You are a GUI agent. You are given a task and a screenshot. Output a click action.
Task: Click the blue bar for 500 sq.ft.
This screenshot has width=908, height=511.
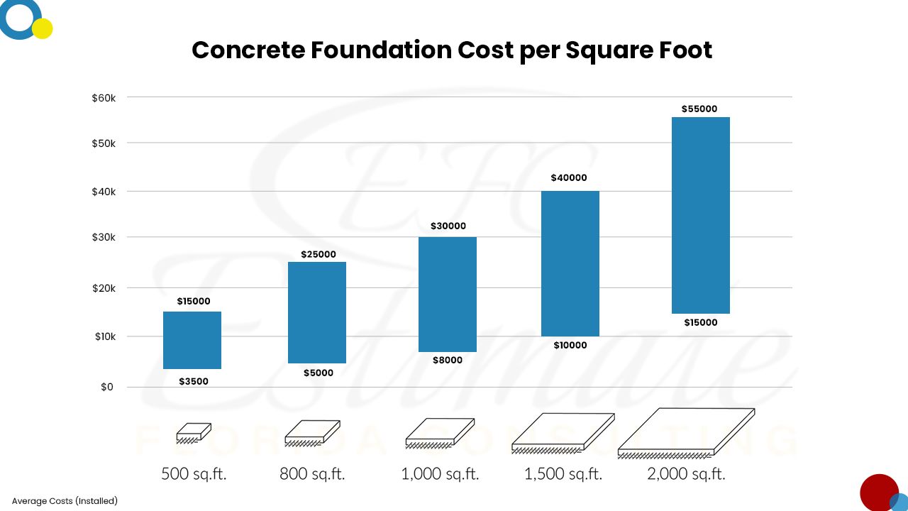click(x=192, y=340)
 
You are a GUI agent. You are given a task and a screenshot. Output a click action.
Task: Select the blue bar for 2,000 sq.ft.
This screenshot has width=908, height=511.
click(x=701, y=215)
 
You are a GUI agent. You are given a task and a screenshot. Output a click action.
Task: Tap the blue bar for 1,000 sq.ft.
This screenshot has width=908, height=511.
click(x=447, y=294)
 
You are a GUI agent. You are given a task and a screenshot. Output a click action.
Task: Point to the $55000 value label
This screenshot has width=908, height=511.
click(x=699, y=109)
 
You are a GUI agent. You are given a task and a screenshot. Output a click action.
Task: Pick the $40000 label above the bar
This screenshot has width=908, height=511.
click(x=569, y=178)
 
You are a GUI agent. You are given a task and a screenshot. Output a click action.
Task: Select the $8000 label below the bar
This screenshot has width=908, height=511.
click(x=447, y=361)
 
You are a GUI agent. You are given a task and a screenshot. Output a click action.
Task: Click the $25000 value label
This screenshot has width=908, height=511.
click(x=319, y=255)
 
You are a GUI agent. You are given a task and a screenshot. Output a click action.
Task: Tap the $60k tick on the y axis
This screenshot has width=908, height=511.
click(x=109, y=97)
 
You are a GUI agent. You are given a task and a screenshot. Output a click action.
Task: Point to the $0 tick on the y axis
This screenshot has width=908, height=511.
click(x=106, y=388)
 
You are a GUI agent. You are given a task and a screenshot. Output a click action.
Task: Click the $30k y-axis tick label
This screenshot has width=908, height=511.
click(x=109, y=237)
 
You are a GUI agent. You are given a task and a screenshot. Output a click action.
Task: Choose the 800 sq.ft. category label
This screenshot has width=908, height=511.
click(x=312, y=474)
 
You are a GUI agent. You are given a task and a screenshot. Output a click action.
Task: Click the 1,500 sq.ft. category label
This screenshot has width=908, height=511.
click(x=563, y=474)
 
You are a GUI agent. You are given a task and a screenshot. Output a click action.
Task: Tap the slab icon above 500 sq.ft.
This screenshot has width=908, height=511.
click(x=194, y=433)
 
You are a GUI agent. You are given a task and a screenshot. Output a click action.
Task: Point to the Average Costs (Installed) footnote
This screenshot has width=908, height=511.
click(x=65, y=501)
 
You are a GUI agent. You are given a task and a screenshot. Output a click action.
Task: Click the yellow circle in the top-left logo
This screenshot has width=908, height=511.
click(x=43, y=28)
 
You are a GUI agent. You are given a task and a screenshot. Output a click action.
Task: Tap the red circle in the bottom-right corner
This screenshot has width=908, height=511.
click(x=878, y=493)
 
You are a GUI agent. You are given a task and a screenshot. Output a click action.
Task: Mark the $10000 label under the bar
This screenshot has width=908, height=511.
click(x=570, y=346)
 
